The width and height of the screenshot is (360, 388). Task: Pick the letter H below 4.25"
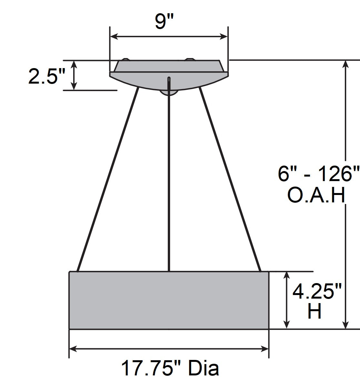(314, 312)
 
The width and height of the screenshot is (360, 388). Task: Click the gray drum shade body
(169, 300)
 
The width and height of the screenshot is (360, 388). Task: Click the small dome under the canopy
(168, 93)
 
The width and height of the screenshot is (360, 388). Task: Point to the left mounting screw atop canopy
(125, 59)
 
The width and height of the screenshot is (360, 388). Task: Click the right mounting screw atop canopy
(189, 59)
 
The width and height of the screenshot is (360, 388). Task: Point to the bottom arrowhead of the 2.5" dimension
(74, 86)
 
